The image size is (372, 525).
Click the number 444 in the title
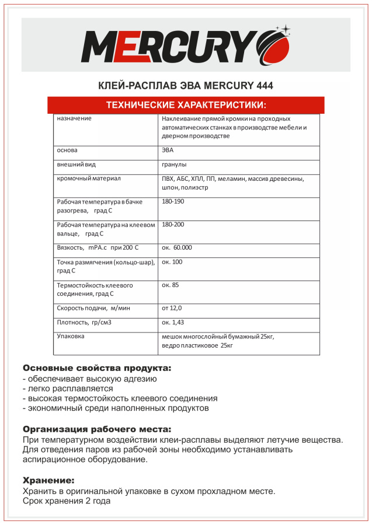(265, 86)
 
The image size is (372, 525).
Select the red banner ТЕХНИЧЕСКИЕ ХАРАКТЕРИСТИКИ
(186, 105)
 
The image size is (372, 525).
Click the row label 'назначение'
(74, 118)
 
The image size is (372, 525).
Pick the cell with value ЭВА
(168, 150)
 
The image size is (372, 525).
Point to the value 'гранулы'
(175, 164)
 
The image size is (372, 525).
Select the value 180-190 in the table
(173, 201)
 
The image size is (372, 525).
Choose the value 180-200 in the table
(173, 225)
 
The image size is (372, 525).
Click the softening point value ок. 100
(172, 262)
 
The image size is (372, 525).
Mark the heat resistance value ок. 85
(171, 285)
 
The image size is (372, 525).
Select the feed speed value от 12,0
(172, 307)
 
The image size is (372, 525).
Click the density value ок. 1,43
(173, 322)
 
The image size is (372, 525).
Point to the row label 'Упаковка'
(71, 337)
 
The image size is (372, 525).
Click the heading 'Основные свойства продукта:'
(97, 369)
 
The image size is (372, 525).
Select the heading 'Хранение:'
(48, 481)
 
